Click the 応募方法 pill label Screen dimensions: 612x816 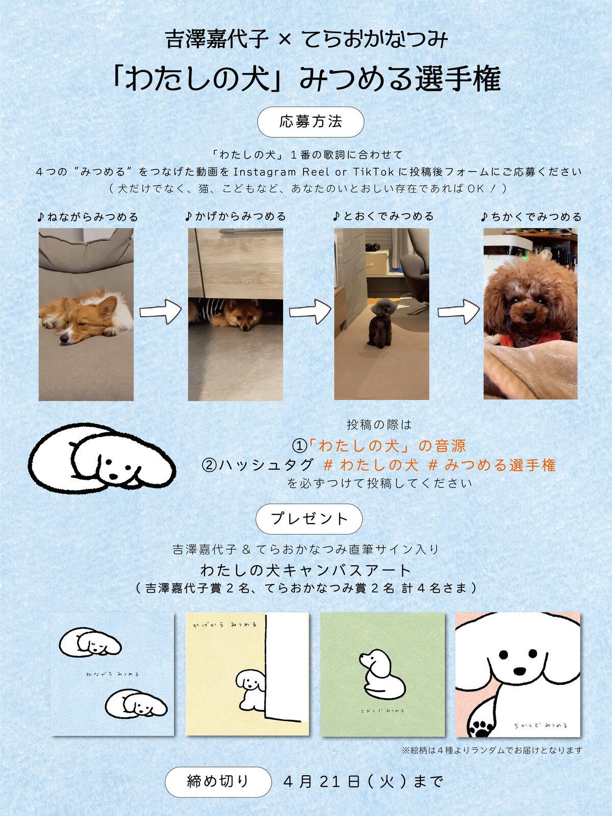click(310, 122)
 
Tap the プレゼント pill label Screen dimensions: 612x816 click(309, 518)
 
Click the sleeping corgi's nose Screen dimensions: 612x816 click(64, 339)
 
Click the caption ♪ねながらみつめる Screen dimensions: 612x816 click(88, 216)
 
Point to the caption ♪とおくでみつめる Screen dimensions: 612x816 click(383, 216)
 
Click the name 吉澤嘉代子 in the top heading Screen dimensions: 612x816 click(217, 40)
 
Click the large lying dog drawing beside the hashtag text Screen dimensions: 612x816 click(102, 456)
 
